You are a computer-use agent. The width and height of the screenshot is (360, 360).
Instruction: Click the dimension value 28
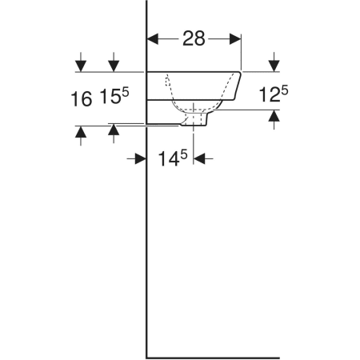coord(194,38)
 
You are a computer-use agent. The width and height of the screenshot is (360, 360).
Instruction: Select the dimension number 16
coord(82,99)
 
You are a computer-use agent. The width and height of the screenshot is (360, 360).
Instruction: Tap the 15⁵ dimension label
coord(114,96)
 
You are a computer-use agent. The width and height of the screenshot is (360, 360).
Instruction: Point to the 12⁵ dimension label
coord(274,94)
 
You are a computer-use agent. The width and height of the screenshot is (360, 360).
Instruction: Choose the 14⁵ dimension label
coord(173,158)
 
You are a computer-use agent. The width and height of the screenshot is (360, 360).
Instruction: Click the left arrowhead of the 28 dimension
coord(153,39)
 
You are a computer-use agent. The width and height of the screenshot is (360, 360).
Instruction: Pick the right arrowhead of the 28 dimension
coord(235,39)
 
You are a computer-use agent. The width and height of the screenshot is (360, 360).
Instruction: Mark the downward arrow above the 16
coord(81,62)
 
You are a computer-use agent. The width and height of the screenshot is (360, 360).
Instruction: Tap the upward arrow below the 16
coord(81,136)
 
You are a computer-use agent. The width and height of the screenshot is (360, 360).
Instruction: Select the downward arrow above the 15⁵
coord(114,62)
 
